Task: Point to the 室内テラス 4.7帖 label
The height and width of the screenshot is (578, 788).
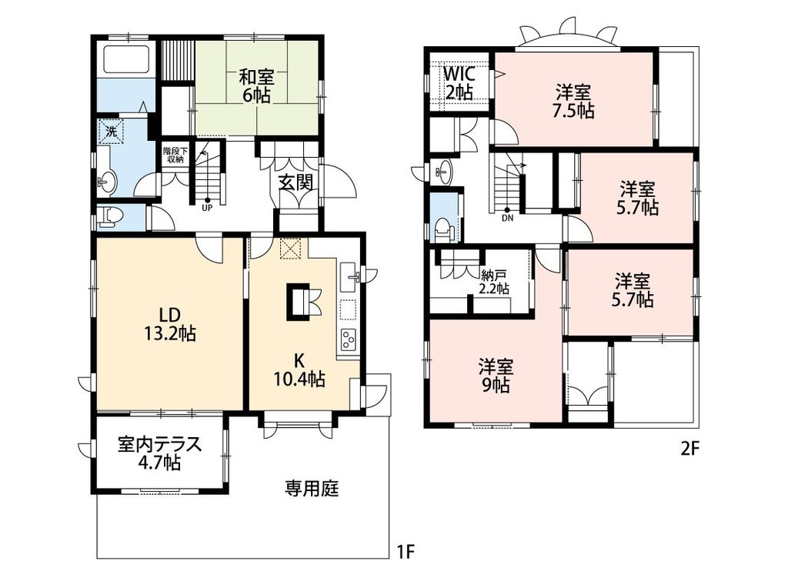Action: coord(160,453)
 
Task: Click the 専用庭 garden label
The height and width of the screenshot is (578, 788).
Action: coord(312,488)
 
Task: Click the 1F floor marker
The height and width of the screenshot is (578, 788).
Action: coord(406,551)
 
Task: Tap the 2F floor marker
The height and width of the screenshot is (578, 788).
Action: coord(689,449)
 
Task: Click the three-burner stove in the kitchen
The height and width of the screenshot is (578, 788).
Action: coord(348,338)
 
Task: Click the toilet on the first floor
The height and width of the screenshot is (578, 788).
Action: coord(109,217)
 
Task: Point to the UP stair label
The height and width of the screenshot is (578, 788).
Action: coord(207,207)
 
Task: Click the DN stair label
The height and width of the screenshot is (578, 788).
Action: coord(507,216)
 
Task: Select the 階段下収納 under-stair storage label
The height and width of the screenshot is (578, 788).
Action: coord(173,155)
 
